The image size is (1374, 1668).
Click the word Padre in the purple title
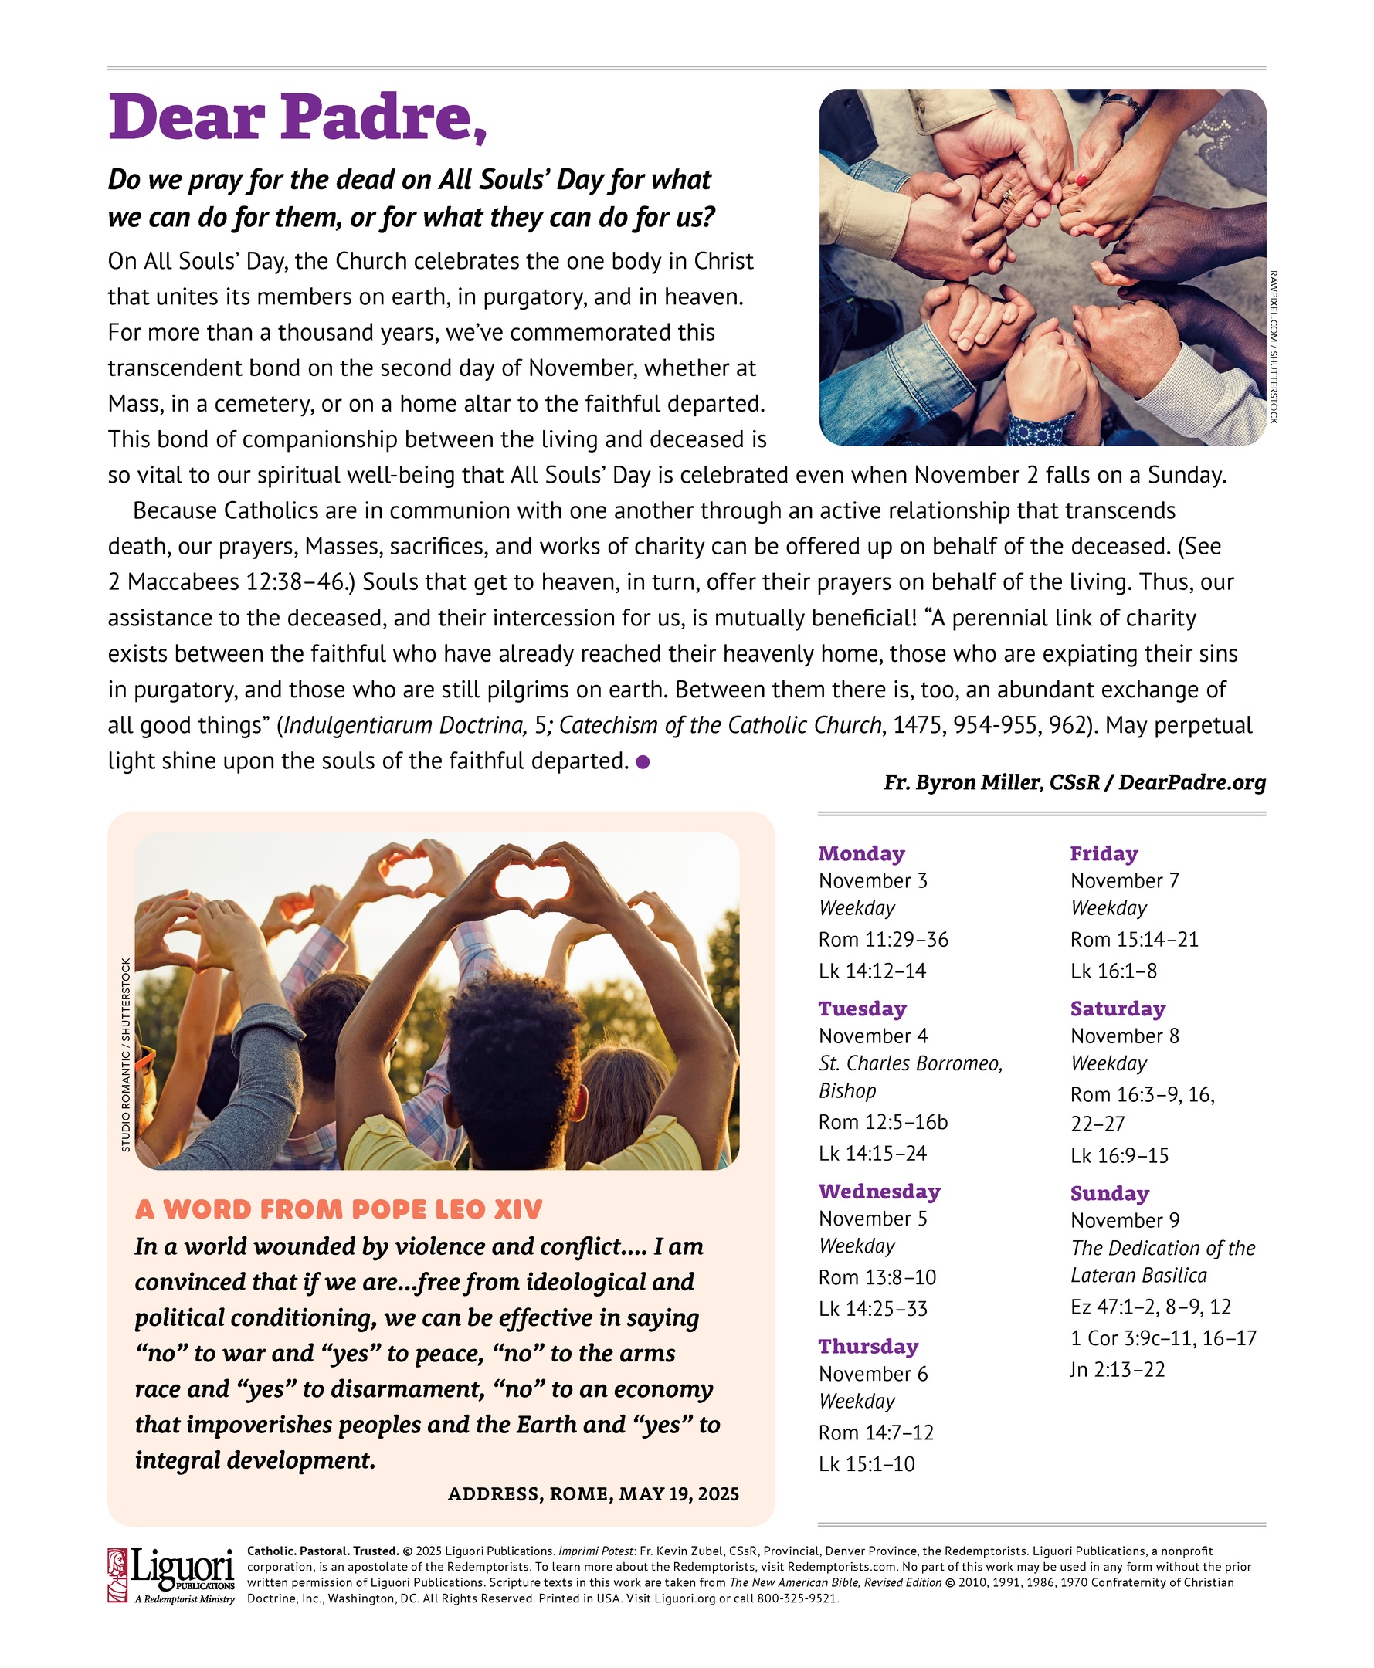[382, 117]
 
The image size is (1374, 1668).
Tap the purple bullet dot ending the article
[643, 762]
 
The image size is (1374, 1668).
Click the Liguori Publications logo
[171, 1575]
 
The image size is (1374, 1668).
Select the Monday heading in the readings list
[861, 853]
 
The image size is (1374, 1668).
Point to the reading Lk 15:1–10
[867, 1464]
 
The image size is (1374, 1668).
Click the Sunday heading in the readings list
[1110, 1193]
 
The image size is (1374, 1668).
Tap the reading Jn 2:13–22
[1118, 1369]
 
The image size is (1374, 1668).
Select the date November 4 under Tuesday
[873, 1036]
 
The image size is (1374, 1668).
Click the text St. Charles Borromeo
[910, 1063]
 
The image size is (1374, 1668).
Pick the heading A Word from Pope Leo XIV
[339, 1209]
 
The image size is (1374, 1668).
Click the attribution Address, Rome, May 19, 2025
[594, 1494]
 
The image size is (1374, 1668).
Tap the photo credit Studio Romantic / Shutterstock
[126, 1055]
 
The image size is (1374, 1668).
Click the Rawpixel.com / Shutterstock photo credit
[1274, 347]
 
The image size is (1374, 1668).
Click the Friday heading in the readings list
[1104, 853]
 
